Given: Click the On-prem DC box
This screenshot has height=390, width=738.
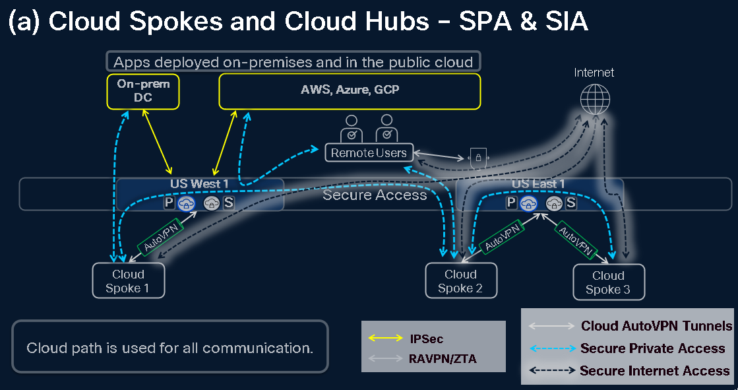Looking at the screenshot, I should point(143,91).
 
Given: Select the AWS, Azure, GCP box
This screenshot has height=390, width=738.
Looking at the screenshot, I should point(350,91).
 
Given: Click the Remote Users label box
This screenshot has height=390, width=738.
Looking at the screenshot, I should point(369,153).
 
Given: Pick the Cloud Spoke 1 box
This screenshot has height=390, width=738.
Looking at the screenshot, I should point(128,280).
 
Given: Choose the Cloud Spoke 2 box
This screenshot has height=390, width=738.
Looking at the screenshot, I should point(460,280).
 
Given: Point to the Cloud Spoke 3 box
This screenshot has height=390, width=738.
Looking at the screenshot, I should point(608,282).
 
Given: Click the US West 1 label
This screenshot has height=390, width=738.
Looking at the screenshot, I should point(200,184).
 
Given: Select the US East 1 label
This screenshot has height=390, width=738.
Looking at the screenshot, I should point(538,184).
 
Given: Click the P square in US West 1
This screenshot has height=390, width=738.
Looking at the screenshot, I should point(169,203).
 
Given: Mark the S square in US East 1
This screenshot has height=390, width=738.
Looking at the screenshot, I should point(570,203).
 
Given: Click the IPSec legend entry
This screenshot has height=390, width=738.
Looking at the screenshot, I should point(426,339).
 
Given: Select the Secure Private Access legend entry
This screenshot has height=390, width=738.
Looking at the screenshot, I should point(652,348).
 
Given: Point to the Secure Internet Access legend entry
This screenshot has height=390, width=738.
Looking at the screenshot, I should point(654,370).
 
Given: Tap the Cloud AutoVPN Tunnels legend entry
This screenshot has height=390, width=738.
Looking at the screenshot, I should point(656,326).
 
